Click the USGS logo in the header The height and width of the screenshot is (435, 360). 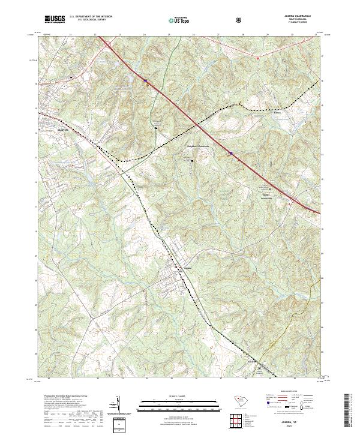[x=55, y=20]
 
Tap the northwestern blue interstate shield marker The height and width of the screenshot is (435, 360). [x=145, y=77]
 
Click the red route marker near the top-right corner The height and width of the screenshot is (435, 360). [x=257, y=58]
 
